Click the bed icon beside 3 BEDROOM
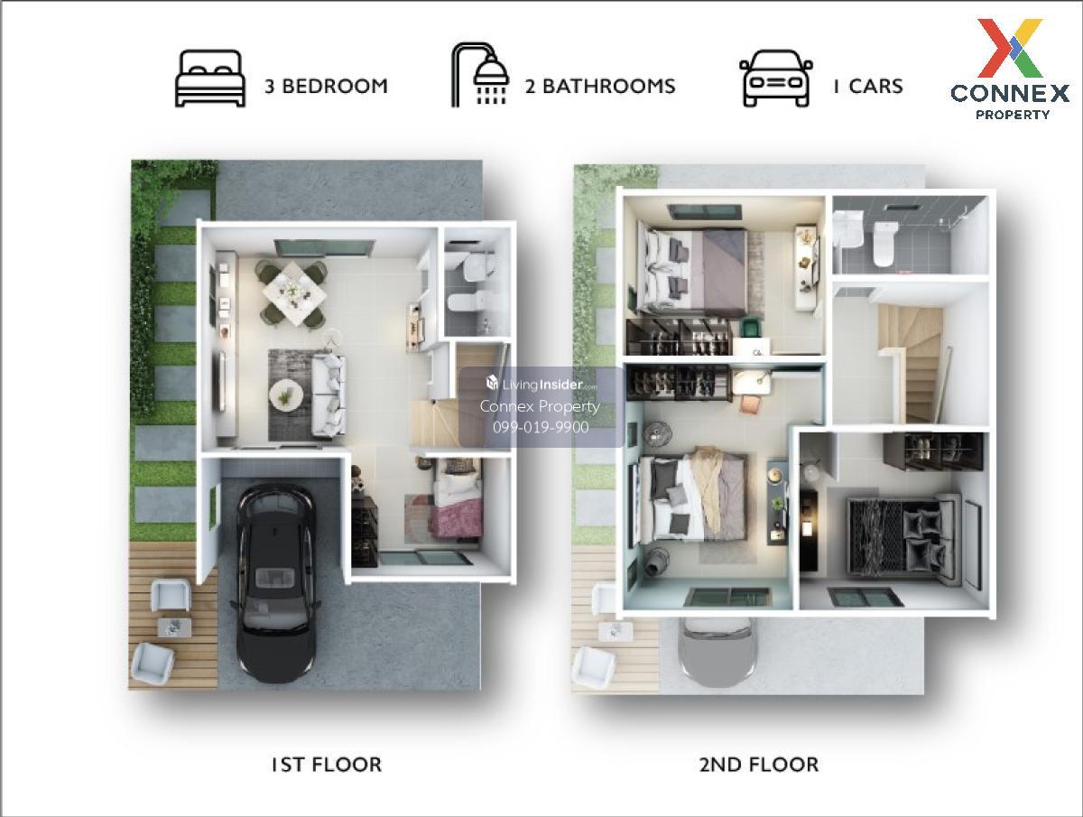click(x=210, y=79)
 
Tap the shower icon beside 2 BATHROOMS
click(x=480, y=75)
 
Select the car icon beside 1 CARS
click(x=776, y=79)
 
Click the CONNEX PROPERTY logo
click(x=1010, y=70)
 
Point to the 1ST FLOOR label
click(x=327, y=765)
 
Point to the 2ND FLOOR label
click(x=759, y=765)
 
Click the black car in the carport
click(x=275, y=582)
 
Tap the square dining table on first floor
click(x=294, y=293)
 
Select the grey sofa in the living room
click(x=329, y=395)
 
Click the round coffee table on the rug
click(x=286, y=395)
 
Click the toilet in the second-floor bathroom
click(x=886, y=244)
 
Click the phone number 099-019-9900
click(x=541, y=427)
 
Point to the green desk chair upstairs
click(x=752, y=328)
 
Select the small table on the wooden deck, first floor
click(x=174, y=627)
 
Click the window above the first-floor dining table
click(x=323, y=248)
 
